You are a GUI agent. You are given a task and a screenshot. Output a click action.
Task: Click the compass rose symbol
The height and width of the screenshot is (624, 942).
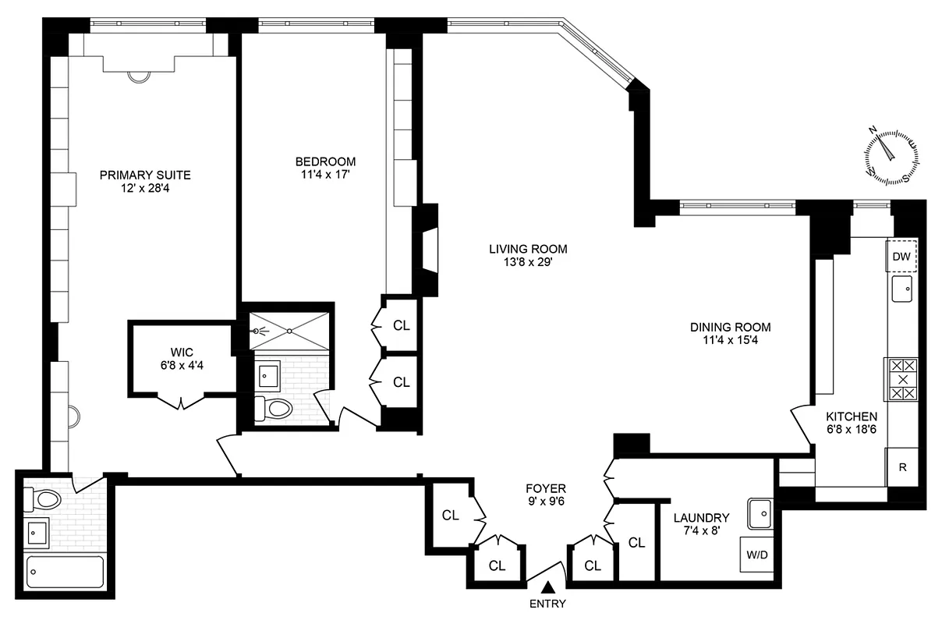pos(891,155)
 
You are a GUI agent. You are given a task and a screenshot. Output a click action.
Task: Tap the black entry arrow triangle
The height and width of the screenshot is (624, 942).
pos(549,587)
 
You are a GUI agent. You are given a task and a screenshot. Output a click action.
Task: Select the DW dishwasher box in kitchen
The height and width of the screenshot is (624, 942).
pos(901,257)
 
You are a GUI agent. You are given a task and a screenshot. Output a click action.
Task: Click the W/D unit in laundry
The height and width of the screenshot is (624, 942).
pos(756,556)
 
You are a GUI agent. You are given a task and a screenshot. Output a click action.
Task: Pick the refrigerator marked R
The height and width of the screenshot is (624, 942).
pos(902,469)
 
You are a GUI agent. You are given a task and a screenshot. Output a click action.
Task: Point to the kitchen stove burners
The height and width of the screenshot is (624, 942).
pos(901,379)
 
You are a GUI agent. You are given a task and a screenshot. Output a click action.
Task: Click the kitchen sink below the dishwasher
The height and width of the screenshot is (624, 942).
pos(902,289)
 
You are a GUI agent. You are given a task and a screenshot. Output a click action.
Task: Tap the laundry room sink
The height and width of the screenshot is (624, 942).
pos(760,512)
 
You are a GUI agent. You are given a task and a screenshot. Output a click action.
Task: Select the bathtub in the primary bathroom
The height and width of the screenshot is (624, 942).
pos(66,572)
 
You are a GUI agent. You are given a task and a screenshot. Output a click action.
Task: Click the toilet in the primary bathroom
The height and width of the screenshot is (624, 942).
pos(38,497)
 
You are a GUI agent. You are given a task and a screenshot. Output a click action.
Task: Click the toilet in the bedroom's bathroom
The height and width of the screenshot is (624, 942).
pos(274,407)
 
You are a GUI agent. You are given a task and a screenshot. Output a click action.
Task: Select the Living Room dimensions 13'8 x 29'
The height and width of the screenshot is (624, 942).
pos(528,263)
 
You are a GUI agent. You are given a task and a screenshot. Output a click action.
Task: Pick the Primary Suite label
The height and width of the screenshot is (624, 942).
pos(145,175)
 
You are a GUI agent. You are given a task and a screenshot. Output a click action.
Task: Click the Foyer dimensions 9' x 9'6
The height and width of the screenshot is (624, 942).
pos(545,502)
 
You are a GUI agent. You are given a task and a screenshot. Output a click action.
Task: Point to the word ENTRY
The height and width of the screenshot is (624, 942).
pos(547,604)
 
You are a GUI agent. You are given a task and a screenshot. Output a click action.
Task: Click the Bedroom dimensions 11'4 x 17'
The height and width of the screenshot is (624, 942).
pos(325,175)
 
